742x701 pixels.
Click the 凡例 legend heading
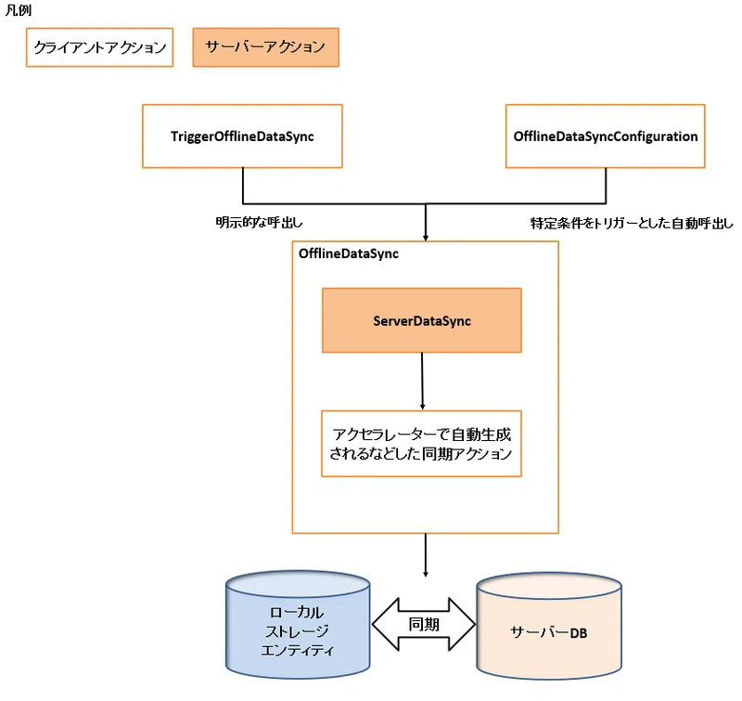point(19,10)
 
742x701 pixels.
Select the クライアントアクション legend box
point(99,47)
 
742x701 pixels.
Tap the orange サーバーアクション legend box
point(265,47)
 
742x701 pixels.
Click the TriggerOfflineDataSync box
point(242,136)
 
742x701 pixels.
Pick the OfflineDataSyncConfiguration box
point(605,136)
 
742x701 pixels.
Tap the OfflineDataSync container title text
point(348,253)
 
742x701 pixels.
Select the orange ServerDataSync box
point(422,320)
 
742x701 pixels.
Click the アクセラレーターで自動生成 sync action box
point(422,443)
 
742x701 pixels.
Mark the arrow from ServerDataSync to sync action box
point(423,381)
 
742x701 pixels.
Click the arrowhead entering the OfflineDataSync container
point(426,236)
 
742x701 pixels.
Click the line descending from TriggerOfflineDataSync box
point(242,185)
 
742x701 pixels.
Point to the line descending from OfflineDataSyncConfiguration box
point(605,185)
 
